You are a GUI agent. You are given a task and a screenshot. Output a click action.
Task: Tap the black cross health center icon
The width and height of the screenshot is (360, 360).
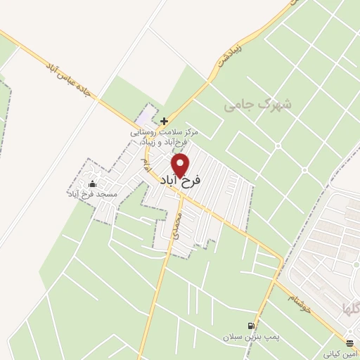[164, 121]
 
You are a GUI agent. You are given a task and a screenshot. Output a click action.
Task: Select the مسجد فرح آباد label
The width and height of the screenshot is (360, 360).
[92, 193]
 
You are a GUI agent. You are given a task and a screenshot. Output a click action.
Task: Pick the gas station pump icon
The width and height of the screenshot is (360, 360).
[251, 326]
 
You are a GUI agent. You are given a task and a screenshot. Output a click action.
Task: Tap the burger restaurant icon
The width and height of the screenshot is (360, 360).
[350, 342]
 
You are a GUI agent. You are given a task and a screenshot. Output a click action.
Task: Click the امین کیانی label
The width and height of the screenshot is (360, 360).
[341, 353]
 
